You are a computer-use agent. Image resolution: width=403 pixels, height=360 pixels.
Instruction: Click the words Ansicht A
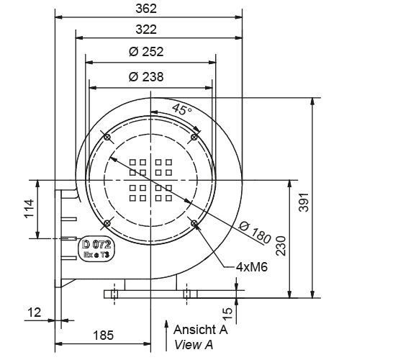(x=201, y=330)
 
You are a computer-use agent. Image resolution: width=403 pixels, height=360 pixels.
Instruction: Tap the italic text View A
(x=194, y=344)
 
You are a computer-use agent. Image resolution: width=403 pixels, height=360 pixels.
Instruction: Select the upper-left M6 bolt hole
(x=107, y=136)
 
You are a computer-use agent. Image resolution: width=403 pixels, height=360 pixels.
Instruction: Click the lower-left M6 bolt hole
(x=107, y=223)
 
